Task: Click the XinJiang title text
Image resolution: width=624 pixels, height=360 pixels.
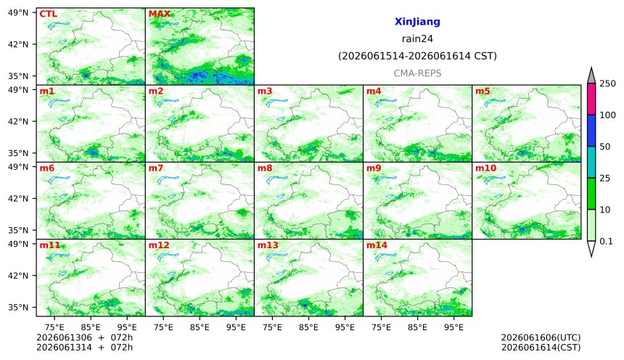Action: click(417, 22)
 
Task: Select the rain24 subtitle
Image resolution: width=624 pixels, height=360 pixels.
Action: click(417, 38)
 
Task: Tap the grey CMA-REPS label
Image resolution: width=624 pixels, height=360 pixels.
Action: click(417, 73)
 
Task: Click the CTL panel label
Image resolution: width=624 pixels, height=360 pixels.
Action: click(48, 14)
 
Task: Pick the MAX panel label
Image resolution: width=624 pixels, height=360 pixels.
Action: click(159, 14)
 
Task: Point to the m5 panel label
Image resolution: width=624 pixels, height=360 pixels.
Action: click(483, 91)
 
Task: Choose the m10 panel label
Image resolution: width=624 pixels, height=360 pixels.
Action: click(486, 168)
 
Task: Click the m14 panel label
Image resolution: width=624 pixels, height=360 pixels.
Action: click(377, 245)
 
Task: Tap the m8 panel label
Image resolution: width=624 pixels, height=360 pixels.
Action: click(265, 168)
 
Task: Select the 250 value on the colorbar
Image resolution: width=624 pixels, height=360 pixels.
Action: click(607, 83)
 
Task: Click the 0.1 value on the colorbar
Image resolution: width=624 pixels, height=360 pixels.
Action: click(606, 241)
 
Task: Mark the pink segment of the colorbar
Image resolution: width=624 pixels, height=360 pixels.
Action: click(591, 99)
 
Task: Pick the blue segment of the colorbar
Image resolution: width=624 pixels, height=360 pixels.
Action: click(591, 131)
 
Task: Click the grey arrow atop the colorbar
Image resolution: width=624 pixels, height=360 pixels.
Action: click(591, 76)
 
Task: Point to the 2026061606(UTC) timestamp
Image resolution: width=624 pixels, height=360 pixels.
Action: click(541, 337)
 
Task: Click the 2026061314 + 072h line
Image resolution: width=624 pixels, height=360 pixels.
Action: click(84, 347)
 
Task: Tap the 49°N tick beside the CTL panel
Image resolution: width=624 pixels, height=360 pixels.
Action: click(18, 12)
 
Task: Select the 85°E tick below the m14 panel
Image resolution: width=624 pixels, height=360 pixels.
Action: click(417, 327)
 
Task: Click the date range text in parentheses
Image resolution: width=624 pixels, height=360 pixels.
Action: click(417, 56)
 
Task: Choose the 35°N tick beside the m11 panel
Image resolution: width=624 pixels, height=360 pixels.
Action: click(18, 307)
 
